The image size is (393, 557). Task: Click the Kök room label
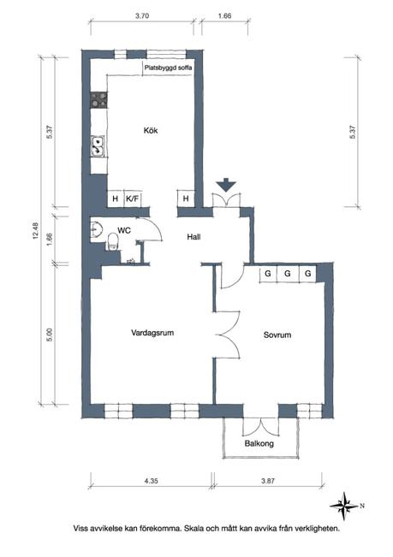[151, 131]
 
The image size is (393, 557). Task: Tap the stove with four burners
[98, 100]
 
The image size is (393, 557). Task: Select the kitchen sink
[98, 146]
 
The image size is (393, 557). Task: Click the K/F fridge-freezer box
[132, 199]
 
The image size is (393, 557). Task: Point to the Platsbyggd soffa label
[168, 68]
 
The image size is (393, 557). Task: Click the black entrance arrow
[226, 186]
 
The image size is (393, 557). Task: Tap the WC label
[124, 230]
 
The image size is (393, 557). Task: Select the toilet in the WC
[113, 241]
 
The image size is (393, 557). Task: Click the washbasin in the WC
[96, 229]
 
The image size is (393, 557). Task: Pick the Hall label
[194, 237]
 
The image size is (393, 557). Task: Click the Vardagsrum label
[152, 333]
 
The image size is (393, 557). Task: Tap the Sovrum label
[277, 335]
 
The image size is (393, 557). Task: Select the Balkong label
[259, 443]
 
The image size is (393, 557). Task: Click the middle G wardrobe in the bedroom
[288, 274]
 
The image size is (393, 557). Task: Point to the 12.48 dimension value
[36, 230]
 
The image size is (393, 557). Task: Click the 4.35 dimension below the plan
[151, 481]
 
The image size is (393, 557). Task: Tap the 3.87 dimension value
[268, 481]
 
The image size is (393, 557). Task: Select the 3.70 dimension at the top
[142, 15]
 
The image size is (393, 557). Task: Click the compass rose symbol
[344, 506]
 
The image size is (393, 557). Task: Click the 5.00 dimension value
[50, 335]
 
